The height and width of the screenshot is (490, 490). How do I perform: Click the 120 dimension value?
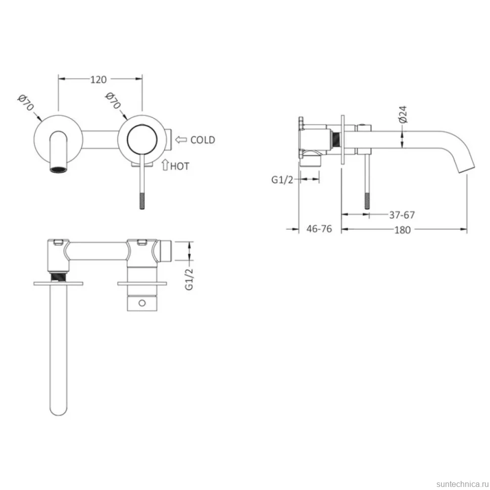pos(99,79)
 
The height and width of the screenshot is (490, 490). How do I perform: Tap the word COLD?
pos(203,140)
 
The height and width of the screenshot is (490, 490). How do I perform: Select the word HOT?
pos(180,166)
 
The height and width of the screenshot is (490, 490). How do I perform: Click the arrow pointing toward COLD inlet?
pos(181,139)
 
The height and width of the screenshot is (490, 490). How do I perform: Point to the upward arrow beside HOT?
pos(165,165)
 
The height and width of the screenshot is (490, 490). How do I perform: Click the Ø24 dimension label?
pos(403,114)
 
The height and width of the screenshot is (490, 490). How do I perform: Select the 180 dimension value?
pos(402,230)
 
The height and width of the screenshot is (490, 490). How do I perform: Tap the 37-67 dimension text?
pos(402,215)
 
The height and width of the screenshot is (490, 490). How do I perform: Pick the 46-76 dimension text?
pos(319,229)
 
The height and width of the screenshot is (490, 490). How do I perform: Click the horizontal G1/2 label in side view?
pos(282,180)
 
